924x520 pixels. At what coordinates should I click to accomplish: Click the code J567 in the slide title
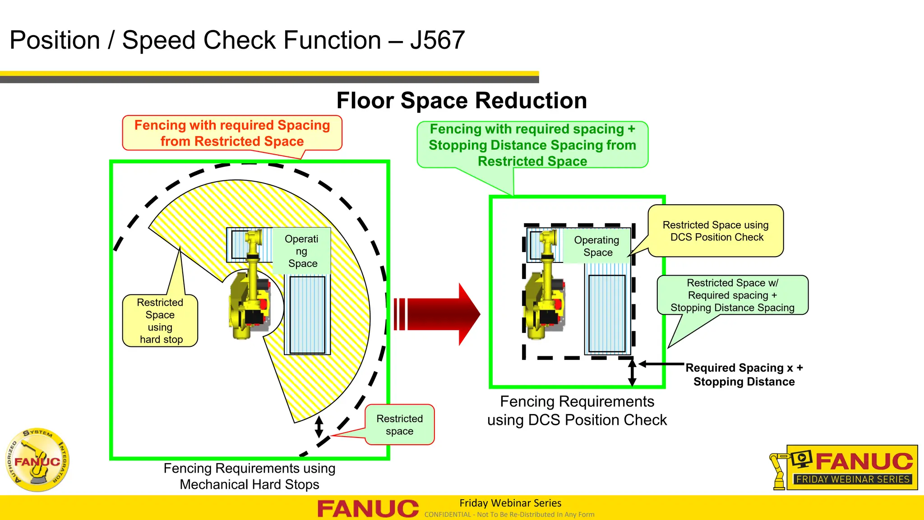437,40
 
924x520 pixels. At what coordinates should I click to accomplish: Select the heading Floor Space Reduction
461,100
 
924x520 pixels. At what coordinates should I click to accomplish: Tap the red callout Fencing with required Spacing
232,133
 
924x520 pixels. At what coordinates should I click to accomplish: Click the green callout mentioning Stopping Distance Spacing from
532,145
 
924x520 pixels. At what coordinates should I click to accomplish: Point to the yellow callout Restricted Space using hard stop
160,321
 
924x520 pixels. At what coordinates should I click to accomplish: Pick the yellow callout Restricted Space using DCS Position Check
716,231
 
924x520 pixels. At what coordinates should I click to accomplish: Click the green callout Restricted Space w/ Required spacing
732,295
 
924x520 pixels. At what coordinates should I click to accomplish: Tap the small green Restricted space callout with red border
399,424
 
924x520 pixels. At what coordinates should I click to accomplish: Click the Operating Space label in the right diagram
596,246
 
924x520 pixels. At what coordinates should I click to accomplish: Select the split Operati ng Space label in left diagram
302,251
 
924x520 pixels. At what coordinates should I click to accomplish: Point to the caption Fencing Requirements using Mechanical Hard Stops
249,476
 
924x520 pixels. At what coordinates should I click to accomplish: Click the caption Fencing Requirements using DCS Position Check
577,410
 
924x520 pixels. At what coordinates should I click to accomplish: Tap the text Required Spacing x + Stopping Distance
744,374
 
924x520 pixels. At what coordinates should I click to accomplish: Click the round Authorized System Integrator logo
37,460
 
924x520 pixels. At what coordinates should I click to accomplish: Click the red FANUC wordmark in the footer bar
368,509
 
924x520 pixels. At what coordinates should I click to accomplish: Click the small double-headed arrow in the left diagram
319,426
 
